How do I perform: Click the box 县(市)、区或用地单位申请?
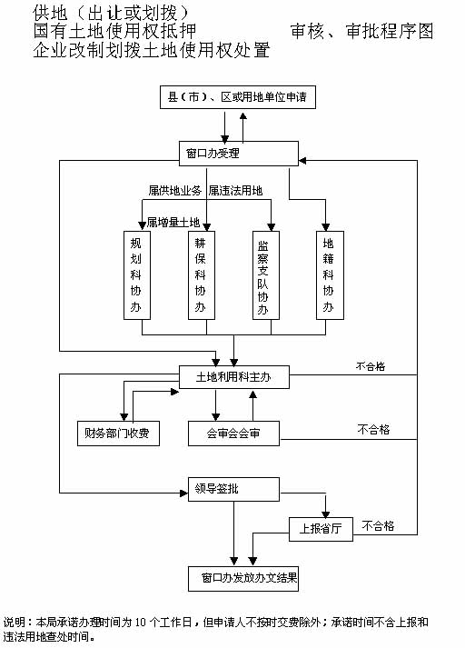click(238, 97)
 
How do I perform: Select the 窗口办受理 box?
click(238, 154)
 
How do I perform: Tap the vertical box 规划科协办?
click(137, 275)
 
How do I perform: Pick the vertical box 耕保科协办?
click(202, 275)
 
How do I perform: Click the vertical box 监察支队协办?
click(266, 275)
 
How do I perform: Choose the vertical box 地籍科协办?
click(330, 275)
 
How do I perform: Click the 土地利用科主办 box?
click(234, 377)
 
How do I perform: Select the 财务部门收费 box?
click(119, 434)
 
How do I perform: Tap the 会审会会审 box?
click(233, 434)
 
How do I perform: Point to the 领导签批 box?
click(233, 490)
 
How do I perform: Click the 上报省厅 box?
click(321, 529)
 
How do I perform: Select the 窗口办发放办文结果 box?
click(243, 579)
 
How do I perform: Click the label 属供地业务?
click(174, 191)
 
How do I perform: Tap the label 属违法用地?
click(235, 191)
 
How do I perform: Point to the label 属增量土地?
click(173, 223)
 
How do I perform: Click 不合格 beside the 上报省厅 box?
click(378, 526)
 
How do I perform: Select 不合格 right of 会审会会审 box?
click(373, 430)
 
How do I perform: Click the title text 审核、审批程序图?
click(361, 32)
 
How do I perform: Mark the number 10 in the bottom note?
click(141, 623)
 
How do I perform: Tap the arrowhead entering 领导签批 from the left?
click(184, 493)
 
